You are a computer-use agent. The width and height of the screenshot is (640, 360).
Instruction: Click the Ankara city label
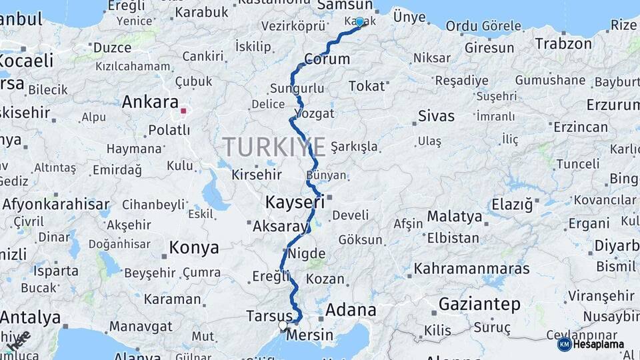150,102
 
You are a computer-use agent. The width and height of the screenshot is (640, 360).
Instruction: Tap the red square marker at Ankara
183,111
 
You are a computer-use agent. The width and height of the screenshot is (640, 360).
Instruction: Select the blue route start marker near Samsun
360,22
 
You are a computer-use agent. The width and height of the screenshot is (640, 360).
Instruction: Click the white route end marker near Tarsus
283,326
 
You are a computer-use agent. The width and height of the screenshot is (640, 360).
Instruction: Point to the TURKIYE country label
274,147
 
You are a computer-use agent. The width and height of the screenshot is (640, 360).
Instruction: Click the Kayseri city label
294,201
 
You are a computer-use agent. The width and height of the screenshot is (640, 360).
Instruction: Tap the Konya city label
193,248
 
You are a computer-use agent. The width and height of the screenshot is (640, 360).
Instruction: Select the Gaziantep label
479,305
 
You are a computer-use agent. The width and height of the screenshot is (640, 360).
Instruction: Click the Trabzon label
563,44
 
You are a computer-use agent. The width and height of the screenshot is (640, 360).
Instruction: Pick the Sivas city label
436,116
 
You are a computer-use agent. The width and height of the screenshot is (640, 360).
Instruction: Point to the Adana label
351,310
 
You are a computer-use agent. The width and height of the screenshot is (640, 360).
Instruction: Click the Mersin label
309,335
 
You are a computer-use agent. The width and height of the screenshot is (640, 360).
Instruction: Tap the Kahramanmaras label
472,269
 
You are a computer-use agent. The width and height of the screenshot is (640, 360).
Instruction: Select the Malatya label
454,217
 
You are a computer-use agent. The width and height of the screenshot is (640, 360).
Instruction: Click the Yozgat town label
314,113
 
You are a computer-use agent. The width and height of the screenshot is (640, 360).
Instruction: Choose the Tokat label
367,86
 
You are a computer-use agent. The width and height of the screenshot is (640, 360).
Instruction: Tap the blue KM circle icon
564,345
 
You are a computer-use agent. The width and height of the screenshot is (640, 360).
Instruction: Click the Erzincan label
581,127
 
